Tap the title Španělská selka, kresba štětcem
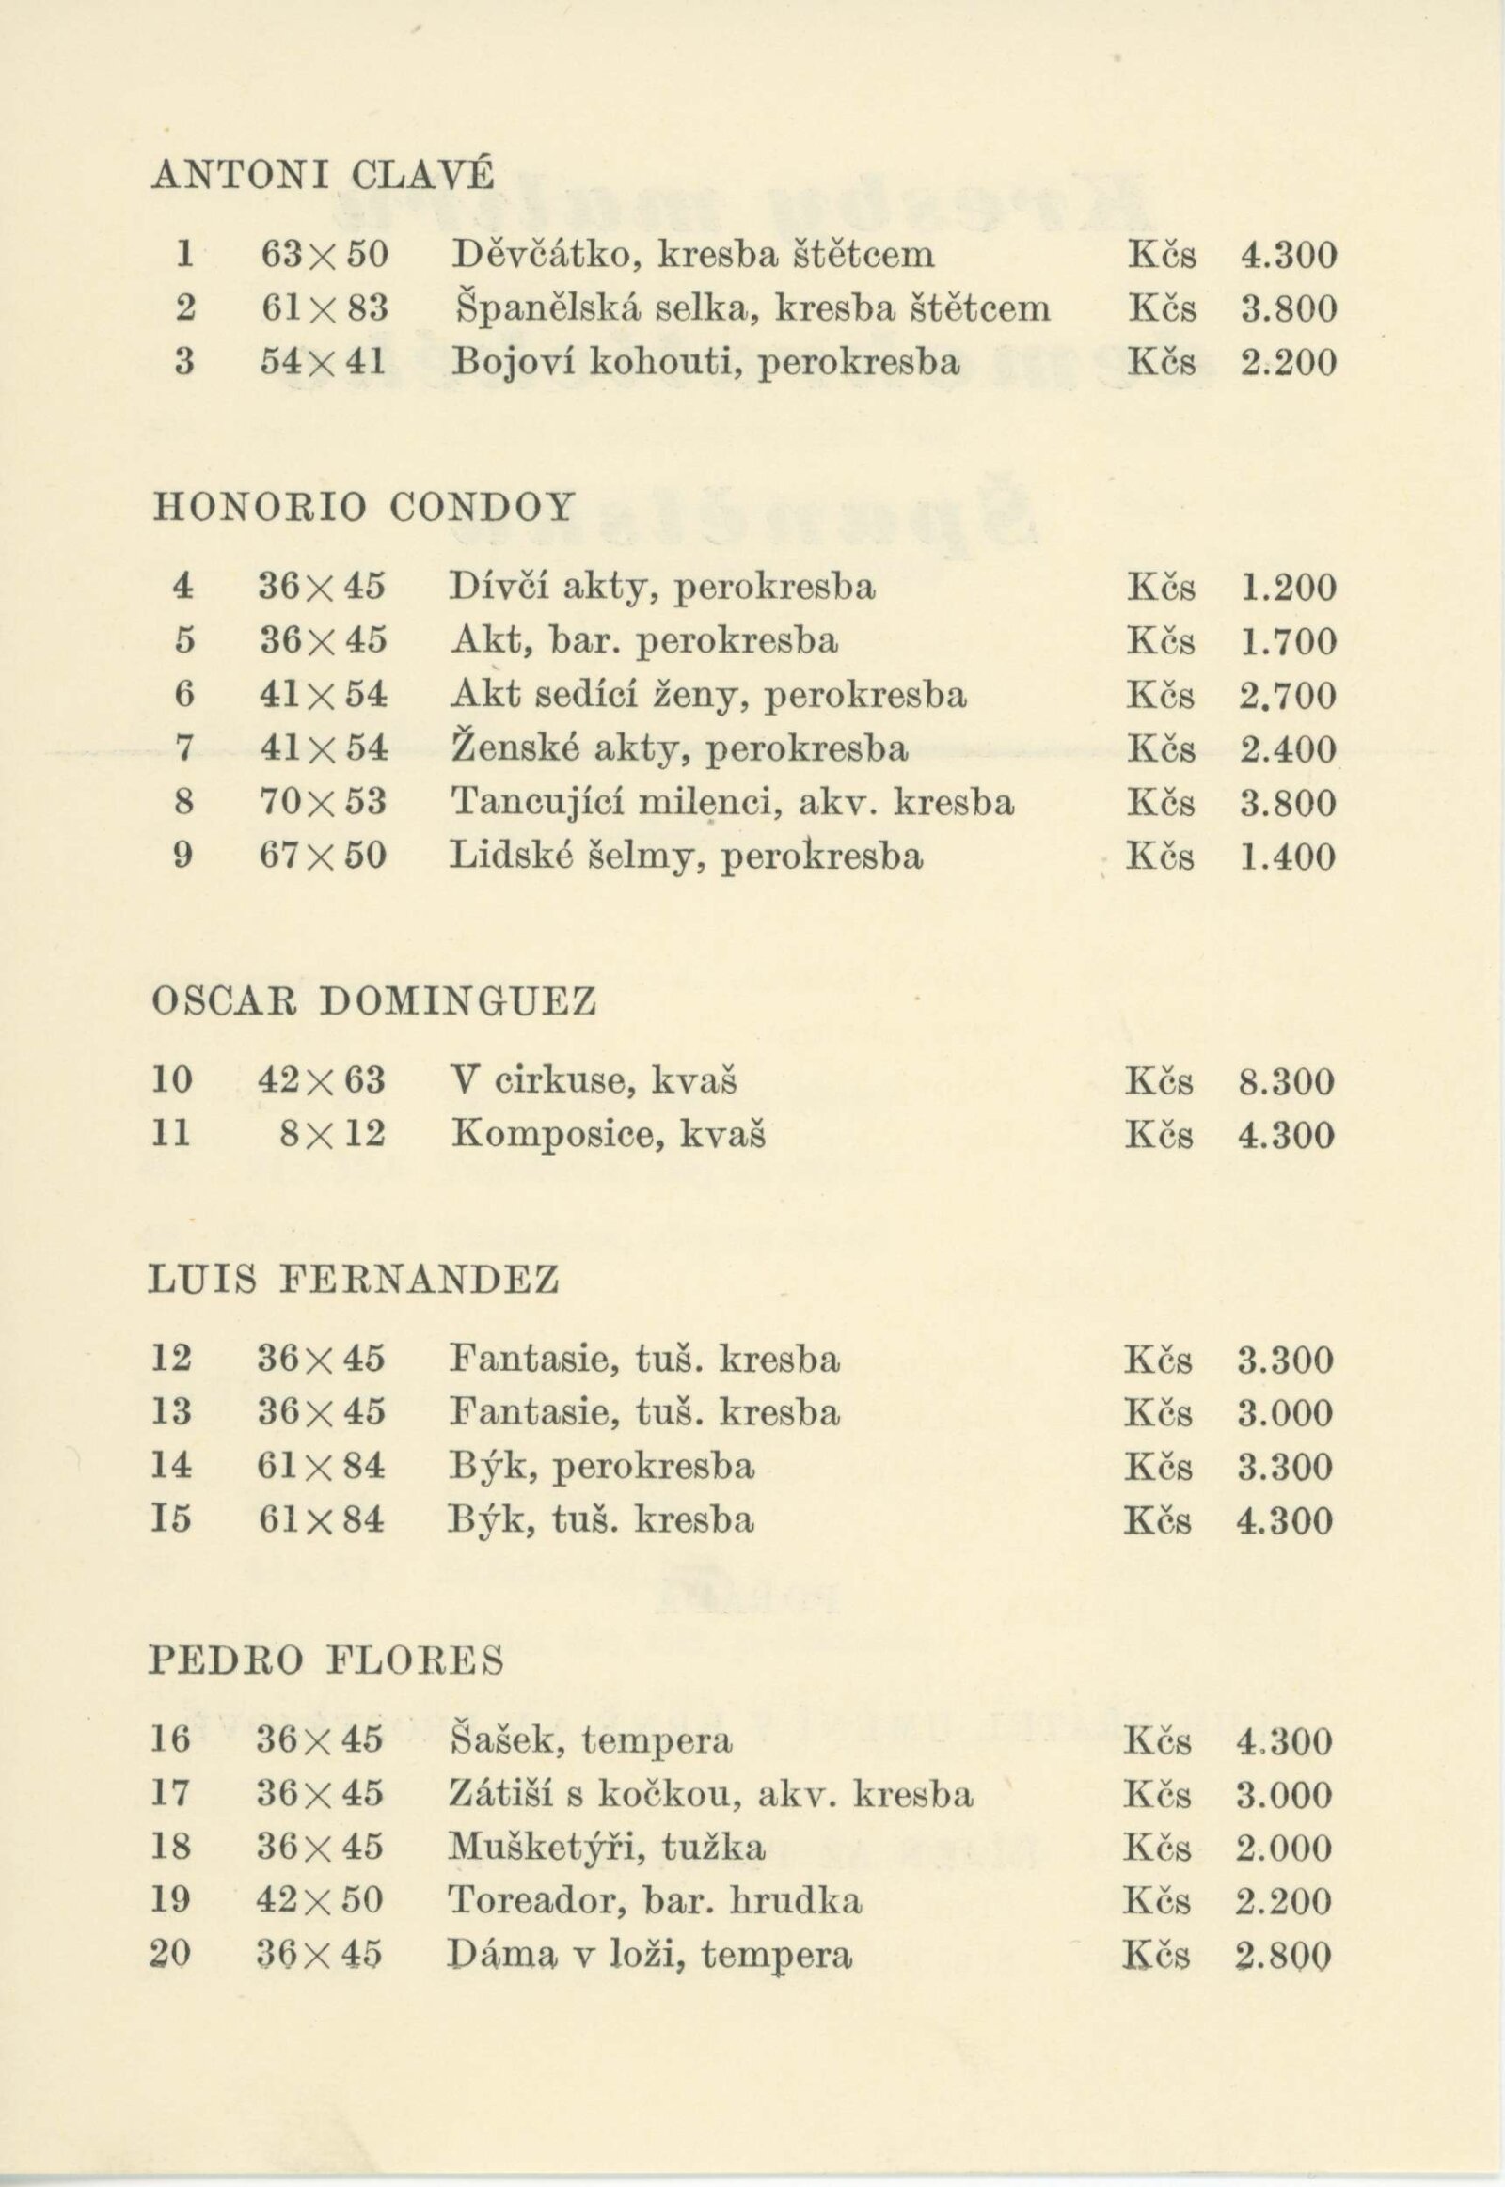(752, 308)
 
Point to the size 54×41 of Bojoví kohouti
(324, 362)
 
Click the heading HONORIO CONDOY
(363, 507)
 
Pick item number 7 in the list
(183, 749)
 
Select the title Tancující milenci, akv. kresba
(733, 803)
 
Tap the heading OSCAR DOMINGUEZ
(374, 1001)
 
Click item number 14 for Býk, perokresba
(171, 1466)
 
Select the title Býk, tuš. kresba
(602, 1519)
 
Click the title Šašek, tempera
(592, 1740)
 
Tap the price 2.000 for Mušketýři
(1283, 1848)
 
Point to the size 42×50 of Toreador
(321, 1901)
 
